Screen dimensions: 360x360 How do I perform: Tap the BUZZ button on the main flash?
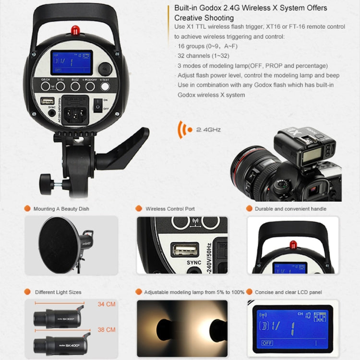point(75,86)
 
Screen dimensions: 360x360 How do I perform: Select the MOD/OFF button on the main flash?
point(91,86)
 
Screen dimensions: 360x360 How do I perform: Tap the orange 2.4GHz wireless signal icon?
point(182,129)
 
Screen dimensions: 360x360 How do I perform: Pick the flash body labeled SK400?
point(60,344)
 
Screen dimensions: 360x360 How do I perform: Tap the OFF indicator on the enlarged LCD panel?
point(267,343)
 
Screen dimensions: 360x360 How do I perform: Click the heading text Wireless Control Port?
point(170,209)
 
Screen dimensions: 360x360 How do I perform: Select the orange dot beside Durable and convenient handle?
point(249,209)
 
